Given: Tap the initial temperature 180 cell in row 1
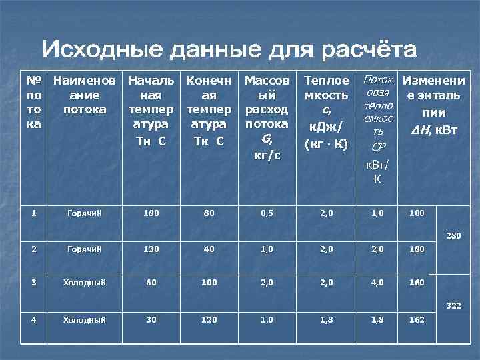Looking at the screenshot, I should [x=151, y=214].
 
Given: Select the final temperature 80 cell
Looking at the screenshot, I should [x=209, y=214].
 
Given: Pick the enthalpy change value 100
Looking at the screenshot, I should [x=416, y=214].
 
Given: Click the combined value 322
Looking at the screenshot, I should [x=453, y=306].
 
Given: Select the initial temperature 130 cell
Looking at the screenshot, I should [x=151, y=249].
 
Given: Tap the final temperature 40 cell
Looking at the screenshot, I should [x=209, y=249].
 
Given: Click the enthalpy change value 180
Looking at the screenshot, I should [x=416, y=249].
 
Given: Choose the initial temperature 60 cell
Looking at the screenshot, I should [x=151, y=283].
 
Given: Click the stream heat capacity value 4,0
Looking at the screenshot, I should [x=378, y=283].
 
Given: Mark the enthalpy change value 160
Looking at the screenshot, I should [x=416, y=283].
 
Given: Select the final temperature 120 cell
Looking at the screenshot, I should [x=209, y=319].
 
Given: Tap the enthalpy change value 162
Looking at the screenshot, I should [x=416, y=319].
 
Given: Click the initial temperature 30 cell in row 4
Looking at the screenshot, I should [x=151, y=319].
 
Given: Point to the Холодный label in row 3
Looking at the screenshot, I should [x=84, y=283].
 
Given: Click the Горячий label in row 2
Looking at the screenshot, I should [x=84, y=249].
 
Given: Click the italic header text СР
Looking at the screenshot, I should [x=378, y=147].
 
